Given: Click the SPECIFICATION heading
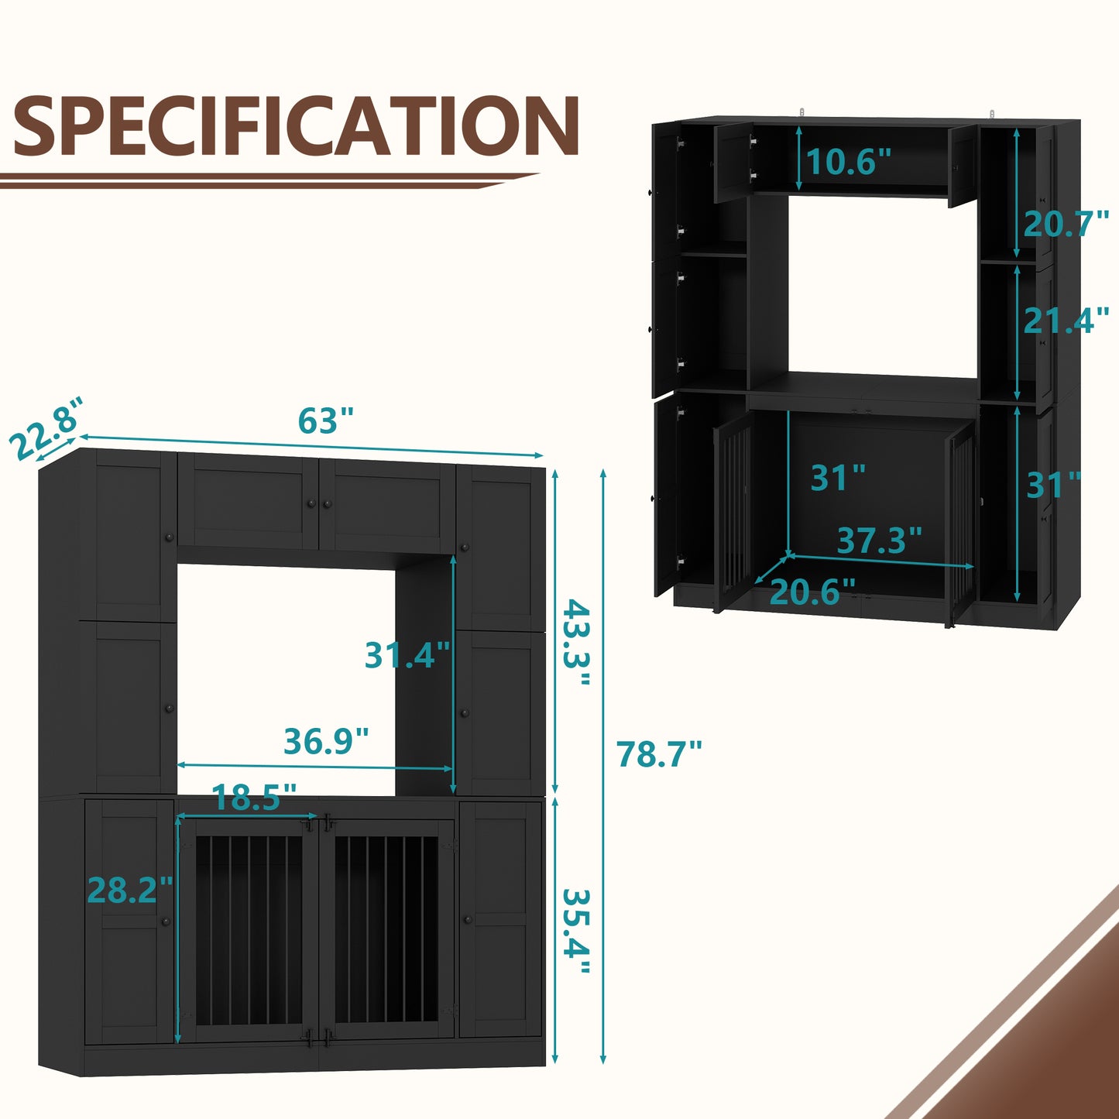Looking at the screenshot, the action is coord(296,126).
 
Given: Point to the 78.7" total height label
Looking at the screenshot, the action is coord(659,753).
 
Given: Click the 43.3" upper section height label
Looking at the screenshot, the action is coord(577,642).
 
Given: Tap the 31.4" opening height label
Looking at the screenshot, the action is coord(407,655).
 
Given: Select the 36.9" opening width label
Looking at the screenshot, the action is coord(326,741).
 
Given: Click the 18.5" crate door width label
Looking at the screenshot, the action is coord(254,798).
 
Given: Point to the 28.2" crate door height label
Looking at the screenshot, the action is coord(130,890).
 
